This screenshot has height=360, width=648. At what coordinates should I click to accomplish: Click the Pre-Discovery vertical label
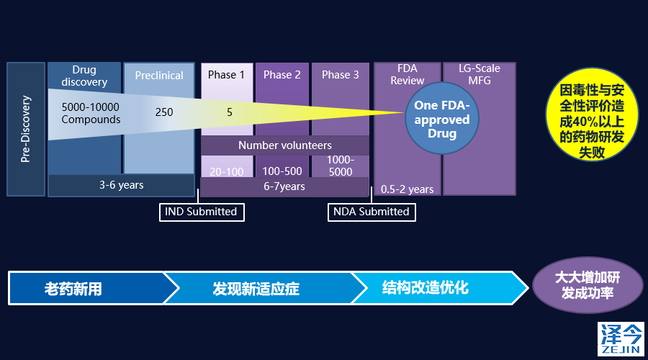26,129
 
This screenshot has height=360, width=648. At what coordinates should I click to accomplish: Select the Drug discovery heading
84,76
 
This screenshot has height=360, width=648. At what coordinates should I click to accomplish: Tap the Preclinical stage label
159,75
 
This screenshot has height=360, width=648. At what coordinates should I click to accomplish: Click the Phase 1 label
227,75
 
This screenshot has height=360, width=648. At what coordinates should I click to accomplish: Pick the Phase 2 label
282,75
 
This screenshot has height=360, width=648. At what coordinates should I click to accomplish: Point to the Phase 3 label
341,75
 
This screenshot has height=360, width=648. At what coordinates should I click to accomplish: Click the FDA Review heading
408,75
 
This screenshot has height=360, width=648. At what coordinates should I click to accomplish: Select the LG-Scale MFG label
480,75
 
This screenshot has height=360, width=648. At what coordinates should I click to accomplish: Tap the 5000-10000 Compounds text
91,113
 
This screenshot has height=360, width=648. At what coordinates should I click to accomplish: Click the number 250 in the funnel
164,112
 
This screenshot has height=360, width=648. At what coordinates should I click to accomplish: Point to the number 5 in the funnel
230,112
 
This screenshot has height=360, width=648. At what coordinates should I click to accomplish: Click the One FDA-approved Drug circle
442,120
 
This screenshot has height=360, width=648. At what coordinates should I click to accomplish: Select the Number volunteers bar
285,145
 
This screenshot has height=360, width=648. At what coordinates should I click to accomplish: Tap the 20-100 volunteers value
227,171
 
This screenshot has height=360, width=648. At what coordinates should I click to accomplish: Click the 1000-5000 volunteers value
341,166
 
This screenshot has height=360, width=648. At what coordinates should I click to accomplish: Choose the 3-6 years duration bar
121,185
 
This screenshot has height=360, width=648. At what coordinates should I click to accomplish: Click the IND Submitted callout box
201,212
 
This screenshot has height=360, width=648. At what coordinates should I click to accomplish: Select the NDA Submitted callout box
372,212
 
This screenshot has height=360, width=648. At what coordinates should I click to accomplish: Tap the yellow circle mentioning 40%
592,120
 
